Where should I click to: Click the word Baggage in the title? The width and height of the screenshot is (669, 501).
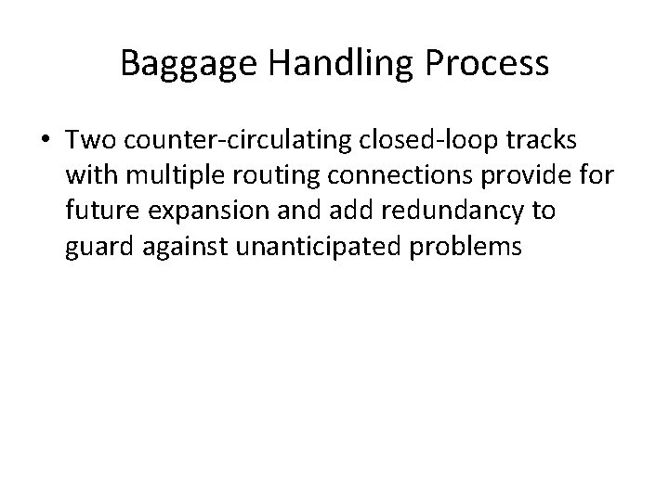[185, 65]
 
